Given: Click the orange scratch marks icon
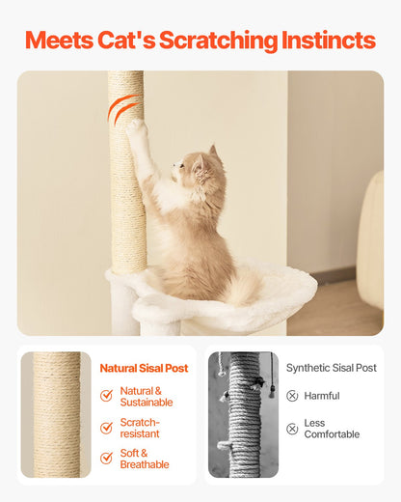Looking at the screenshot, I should coord(121,109).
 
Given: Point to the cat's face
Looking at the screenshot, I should coord(194,172).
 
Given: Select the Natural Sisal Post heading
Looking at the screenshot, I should coord(144,368).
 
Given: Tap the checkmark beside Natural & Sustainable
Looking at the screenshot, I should coord(106,396).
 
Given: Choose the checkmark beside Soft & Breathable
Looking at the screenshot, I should coord(106,459).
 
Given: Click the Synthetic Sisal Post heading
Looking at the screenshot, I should coord(332,368).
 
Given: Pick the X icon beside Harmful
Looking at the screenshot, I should coord(292,396).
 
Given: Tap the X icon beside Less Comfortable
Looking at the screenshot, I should coord(292,428).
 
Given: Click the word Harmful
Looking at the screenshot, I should coord(322,396).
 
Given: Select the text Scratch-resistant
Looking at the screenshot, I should coord(141,428).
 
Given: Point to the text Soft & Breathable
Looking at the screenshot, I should coord(145,459).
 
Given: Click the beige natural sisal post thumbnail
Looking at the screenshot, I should coord(56,414).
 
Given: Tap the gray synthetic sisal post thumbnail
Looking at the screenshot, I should coord(243,414).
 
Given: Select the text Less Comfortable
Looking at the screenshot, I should coord(332,428).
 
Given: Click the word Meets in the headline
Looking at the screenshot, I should coord(59,41).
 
